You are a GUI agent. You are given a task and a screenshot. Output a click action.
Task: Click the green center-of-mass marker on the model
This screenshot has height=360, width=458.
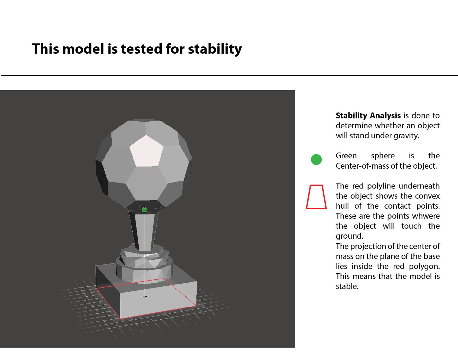point(144,210)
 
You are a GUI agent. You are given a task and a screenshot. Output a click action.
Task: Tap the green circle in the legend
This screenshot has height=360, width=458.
point(316,159)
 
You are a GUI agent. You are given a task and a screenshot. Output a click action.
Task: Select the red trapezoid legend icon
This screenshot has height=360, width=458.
point(316,197)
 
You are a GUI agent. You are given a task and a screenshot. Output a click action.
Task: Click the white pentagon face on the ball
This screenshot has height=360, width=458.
point(146,151)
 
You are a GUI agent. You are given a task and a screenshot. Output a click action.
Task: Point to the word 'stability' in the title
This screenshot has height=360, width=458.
point(215,49)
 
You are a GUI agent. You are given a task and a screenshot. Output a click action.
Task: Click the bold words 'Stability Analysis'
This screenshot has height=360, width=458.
point(368,116)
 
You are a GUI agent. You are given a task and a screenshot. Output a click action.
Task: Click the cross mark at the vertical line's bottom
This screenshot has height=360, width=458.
point(144,296)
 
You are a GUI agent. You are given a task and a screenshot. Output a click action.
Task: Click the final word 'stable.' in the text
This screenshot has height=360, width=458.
point(347,287)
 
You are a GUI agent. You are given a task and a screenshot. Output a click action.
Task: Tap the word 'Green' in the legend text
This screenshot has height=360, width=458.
point(346,156)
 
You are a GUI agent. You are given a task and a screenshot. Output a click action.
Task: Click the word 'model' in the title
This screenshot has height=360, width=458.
point(83,49)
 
